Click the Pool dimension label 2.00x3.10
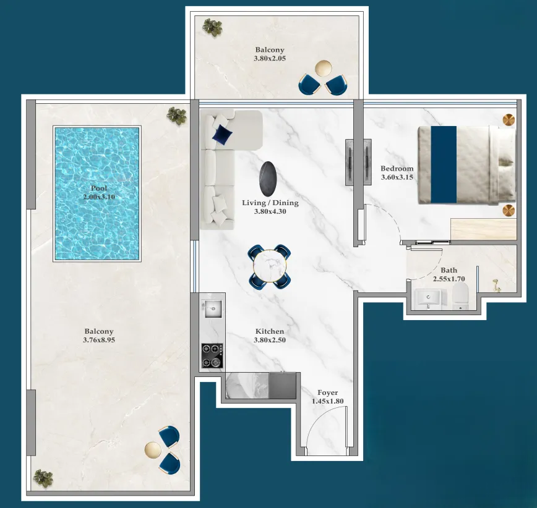[x=99, y=197]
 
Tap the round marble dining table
[x=270, y=266]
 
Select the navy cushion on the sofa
[x=221, y=133]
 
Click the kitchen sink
[x=211, y=307]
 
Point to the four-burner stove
[x=212, y=355]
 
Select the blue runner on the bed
[x=443, y=164]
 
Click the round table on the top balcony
[x=323, y=69]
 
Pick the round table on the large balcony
[x=152, y=449]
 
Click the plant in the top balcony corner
[x=213, y=27]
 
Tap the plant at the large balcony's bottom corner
[x=43, y=478]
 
